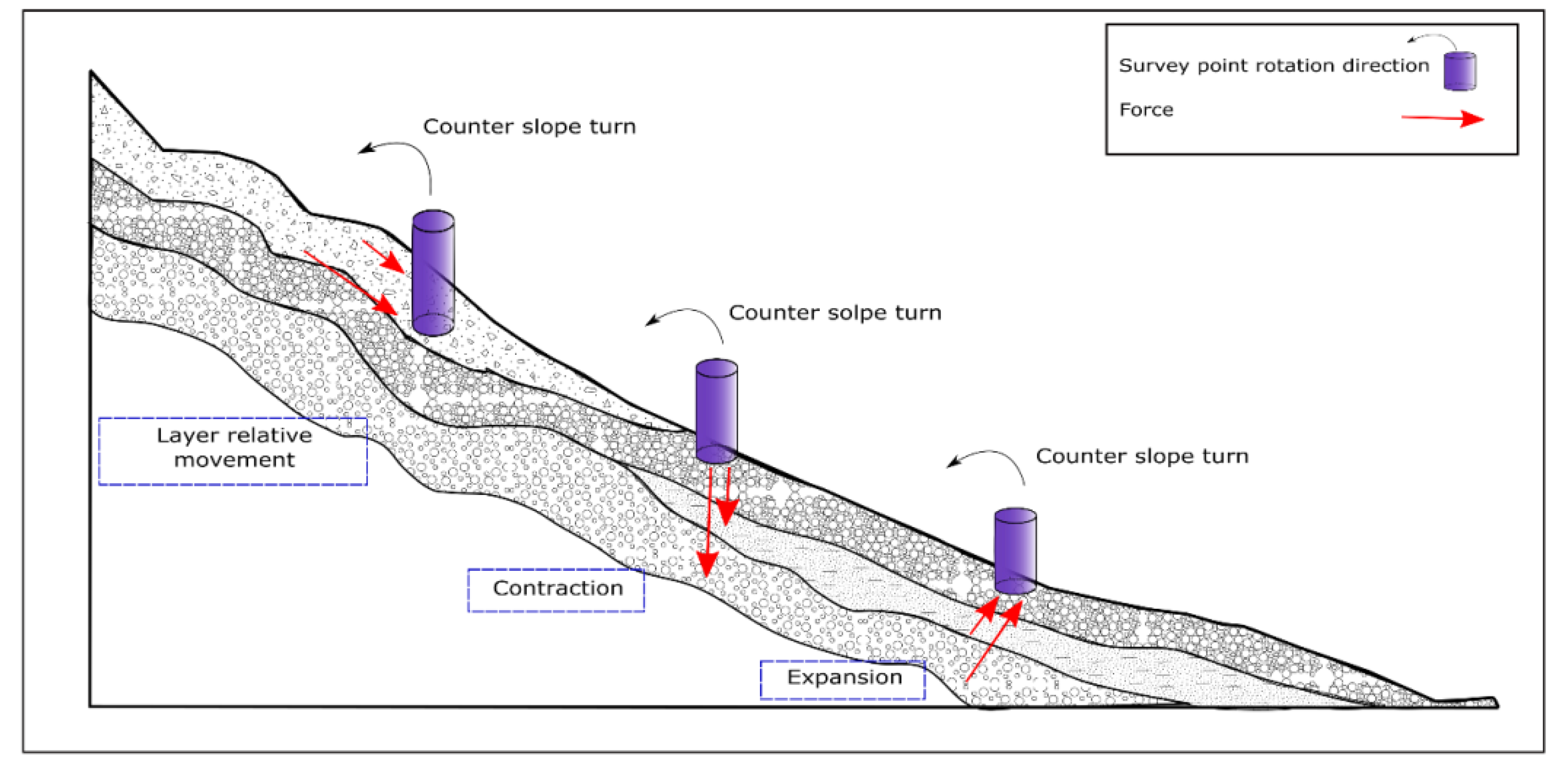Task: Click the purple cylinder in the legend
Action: coord(1459,72)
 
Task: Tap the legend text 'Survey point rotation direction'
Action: coord(1274,65)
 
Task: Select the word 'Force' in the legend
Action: coord(1145,110)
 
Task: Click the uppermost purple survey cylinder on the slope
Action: coord(433,272)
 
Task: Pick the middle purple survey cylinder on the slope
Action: coord(716,411)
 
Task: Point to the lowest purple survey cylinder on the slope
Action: coord(1015,551)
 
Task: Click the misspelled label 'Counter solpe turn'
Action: coord(834,312)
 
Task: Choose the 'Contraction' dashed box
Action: coord(556,589)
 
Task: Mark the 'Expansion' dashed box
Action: coord(843,679)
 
